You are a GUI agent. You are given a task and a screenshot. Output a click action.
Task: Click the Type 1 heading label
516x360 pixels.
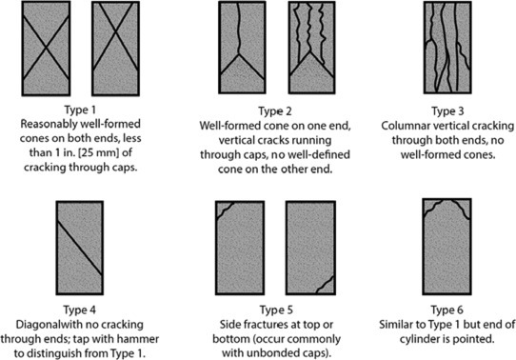[80, 110]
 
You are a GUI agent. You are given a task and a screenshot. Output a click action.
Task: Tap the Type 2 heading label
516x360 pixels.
[275, 111]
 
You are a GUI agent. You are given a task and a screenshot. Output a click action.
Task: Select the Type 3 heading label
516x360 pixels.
[447, 111]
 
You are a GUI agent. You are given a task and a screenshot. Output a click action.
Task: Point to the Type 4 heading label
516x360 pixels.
[80, 310]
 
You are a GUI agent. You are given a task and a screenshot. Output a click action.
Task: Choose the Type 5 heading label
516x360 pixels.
[276, 310]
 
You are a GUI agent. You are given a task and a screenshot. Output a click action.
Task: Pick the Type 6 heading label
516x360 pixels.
[447, 310]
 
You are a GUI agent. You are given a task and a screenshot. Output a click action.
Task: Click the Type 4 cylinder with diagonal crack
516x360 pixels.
[80, 248]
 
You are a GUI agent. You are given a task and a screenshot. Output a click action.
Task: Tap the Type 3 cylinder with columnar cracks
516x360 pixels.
[447, 48]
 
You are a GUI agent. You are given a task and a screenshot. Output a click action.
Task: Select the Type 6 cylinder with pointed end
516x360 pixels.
[447, 247]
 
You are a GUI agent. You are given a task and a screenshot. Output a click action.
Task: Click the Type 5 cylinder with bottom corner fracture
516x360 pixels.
[310, 248]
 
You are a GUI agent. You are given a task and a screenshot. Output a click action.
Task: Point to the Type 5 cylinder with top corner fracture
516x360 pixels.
[240, 248]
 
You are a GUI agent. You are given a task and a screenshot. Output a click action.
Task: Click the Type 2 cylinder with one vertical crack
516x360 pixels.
[242, 48]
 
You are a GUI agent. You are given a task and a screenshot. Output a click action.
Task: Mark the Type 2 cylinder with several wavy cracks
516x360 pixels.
[311, 48]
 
